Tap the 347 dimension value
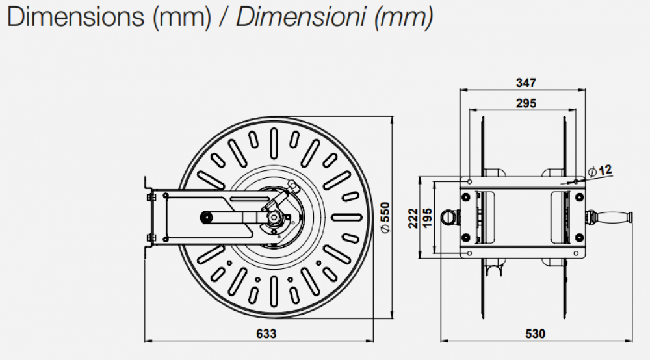[x=525, y=83]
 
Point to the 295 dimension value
[x=525, y=103]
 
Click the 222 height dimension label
[x=413, y=218]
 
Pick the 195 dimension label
[x=428, y=218]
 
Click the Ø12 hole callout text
[x=601, y=170]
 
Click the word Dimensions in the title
[x=75, y=18]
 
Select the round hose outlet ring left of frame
[x=448, y=217]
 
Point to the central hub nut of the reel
[x=274, y=217]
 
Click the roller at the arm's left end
[x=205, y=218]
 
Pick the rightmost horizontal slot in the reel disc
[x=345, y=217]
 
